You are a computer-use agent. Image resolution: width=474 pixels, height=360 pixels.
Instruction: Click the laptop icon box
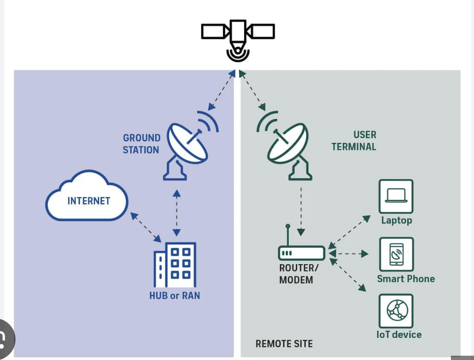(x=396, y=196)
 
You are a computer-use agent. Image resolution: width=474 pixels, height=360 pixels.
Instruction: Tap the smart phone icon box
(x=396, y=254)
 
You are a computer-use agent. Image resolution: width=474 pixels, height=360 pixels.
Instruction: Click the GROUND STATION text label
(x=142, y=144)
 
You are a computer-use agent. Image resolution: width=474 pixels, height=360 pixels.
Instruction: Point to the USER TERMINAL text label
(x=354, y=141)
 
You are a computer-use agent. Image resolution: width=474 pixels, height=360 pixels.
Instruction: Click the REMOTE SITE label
(x=284, y=344)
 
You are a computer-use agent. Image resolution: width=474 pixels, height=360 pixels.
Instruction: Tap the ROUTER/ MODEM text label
(x=299, y=274)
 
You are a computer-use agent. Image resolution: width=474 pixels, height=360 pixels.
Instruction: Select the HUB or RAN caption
(x=175, y=295)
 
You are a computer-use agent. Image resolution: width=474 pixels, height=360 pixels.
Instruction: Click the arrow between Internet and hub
(x=146, y=227)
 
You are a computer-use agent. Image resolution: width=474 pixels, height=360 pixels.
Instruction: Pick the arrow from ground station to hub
(x=176, y=213)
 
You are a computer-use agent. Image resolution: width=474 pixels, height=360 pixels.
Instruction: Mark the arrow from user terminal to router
(x=301, y=211)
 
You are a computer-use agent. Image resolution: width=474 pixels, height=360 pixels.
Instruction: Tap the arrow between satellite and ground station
(x=221, y=90)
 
